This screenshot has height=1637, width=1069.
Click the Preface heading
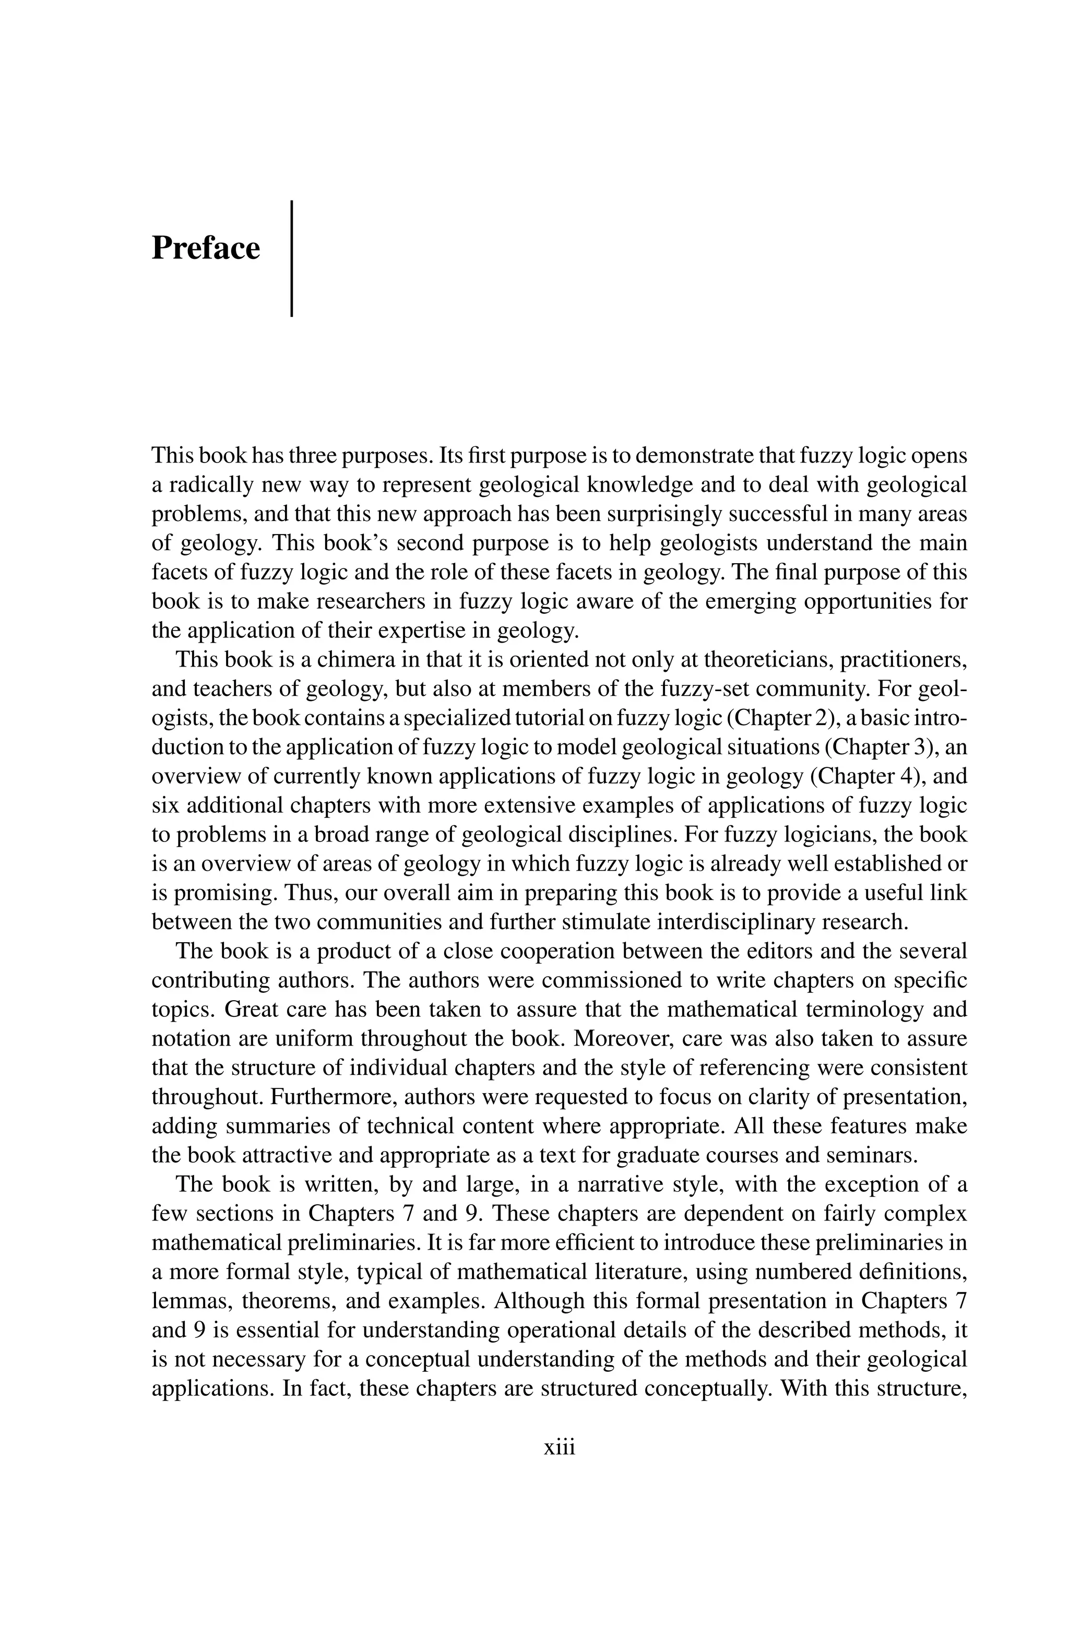206,248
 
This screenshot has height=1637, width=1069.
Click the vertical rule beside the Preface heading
292,258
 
